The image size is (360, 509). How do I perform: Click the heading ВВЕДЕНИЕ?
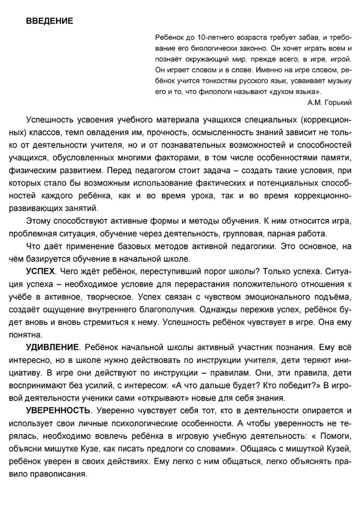[x=50, y=22]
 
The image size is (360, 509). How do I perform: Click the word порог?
[x=209, y=271]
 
